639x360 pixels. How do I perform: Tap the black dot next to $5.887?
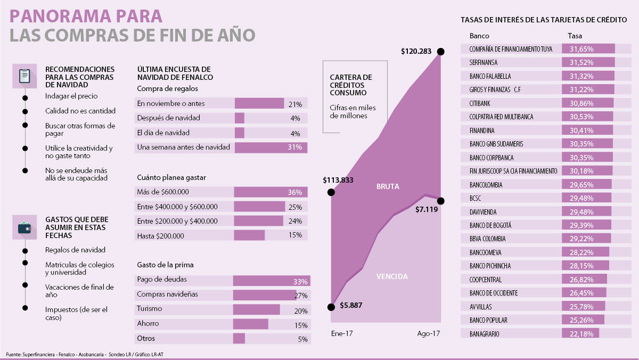coord(331,307)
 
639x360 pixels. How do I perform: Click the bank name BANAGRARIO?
coord(485,334)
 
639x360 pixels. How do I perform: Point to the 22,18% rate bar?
coord(580,334)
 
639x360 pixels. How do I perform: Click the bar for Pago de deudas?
coord(272,280)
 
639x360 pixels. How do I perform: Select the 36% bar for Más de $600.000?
coord(271,192)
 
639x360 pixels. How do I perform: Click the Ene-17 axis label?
coord(342,334)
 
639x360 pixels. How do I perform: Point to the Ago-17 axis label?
coord(429,334)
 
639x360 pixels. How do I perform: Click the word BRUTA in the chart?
coord(388,187)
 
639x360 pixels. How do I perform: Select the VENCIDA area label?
coord(392,276)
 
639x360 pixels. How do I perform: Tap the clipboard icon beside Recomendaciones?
coord(24,76)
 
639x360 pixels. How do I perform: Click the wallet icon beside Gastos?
coord(24,228)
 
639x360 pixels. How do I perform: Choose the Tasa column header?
coord(575,36)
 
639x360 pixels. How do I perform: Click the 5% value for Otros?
coord(302,339)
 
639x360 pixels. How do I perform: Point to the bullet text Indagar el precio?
coord(71,96)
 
